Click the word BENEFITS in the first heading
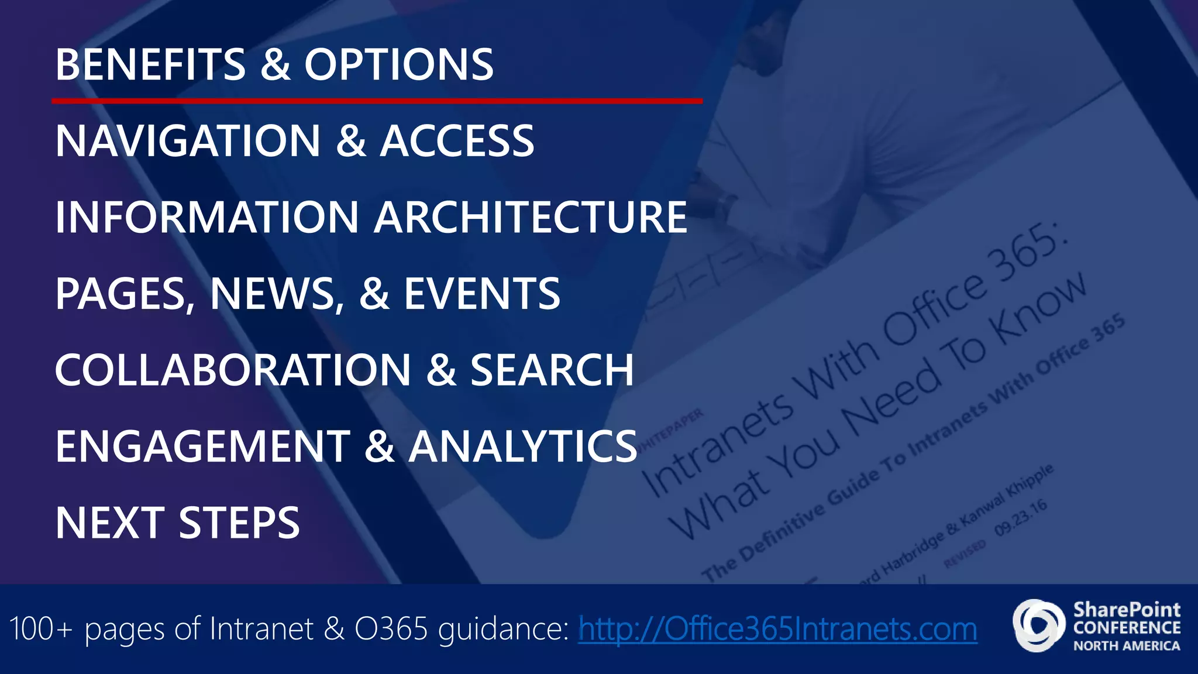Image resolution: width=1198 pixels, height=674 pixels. (x=150, y=64)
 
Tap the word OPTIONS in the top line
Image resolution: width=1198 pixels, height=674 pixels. (x=398, y=64)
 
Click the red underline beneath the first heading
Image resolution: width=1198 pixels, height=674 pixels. (x=377, y=101)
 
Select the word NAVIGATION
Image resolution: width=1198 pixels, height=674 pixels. (x=188, y=141)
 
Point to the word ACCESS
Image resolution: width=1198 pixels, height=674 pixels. (x=457, y=141)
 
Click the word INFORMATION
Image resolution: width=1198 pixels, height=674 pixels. (x=206, y=217)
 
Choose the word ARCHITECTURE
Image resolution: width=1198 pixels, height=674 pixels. (x=531, y=217)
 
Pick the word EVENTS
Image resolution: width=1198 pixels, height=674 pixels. (x=482, y=294)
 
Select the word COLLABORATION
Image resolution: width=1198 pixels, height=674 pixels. (x=233, y=370)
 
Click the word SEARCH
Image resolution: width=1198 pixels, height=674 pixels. (x=552, y=370)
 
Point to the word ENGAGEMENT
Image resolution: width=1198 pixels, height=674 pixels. (x=202, y=446)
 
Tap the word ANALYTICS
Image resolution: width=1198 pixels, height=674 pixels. (x=522, y=446)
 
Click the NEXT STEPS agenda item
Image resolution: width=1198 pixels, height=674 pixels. (x=177, y=523)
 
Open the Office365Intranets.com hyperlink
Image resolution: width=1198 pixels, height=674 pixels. (x=777, y=629)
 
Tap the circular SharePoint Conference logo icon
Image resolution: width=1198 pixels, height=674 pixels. (x=1039, y=625)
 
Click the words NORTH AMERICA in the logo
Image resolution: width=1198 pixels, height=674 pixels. (x=1126, y=646)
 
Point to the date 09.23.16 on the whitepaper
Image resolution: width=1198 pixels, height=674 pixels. (x=1021, y=518)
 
